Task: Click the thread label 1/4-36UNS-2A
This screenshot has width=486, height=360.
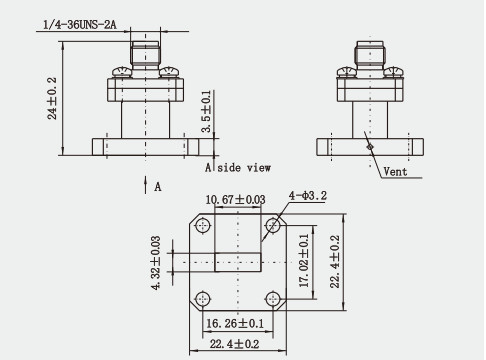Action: (x=80, y=25)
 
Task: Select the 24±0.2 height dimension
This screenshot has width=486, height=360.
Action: (x=52, y=98)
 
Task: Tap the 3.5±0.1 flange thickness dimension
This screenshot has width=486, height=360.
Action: (x=206, y=111)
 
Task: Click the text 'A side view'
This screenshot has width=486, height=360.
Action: (x=238, y=167)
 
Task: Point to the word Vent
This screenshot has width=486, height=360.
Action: (x=395, y=172)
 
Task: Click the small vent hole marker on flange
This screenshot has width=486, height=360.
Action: (x=370, y=146)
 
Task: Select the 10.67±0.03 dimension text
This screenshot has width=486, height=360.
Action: (x=235, y=200)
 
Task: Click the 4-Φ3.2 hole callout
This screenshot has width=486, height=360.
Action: (x=308, y=196)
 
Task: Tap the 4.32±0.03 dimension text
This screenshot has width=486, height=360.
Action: (x=156, y=263)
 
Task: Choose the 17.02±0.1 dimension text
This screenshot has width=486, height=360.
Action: (x=304, y=261)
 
